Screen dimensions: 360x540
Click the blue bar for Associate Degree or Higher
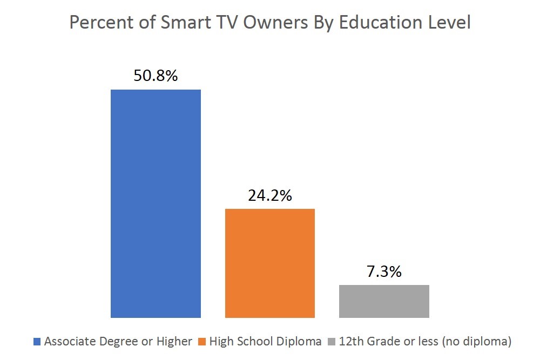coord(156,203)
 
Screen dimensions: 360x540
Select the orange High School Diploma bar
coord(270,263)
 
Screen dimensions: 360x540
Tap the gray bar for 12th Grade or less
coord(384,301)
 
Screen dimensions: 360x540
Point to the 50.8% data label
coord(156,76)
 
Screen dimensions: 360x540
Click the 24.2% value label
coord(270,195)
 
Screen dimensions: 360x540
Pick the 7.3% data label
coord(384,271)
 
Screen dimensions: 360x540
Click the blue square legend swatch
coord(37,342)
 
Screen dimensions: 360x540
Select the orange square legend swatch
coord(202,342)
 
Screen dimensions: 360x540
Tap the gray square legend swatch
coord(330,342)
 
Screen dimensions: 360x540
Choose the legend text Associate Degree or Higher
coord(118,342)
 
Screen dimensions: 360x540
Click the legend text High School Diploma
coord(265,342)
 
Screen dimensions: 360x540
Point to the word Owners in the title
coord(266,24)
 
